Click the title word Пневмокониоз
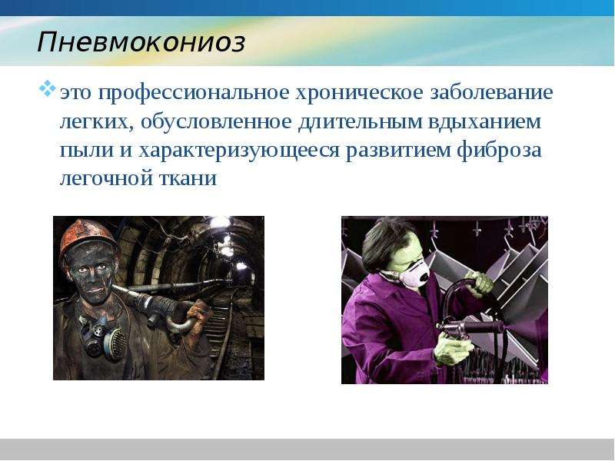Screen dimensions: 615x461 141,42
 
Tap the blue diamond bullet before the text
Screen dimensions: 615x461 47,88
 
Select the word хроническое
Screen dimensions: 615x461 359,93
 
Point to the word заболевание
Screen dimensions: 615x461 491,92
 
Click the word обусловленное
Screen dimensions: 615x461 216,122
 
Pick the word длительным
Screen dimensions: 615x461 360,122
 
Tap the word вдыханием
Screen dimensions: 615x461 484,122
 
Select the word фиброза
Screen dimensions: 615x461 499,151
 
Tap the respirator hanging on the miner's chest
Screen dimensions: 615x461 105,337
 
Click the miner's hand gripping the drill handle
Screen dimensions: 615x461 198,313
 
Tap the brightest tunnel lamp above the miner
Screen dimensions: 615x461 220,223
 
